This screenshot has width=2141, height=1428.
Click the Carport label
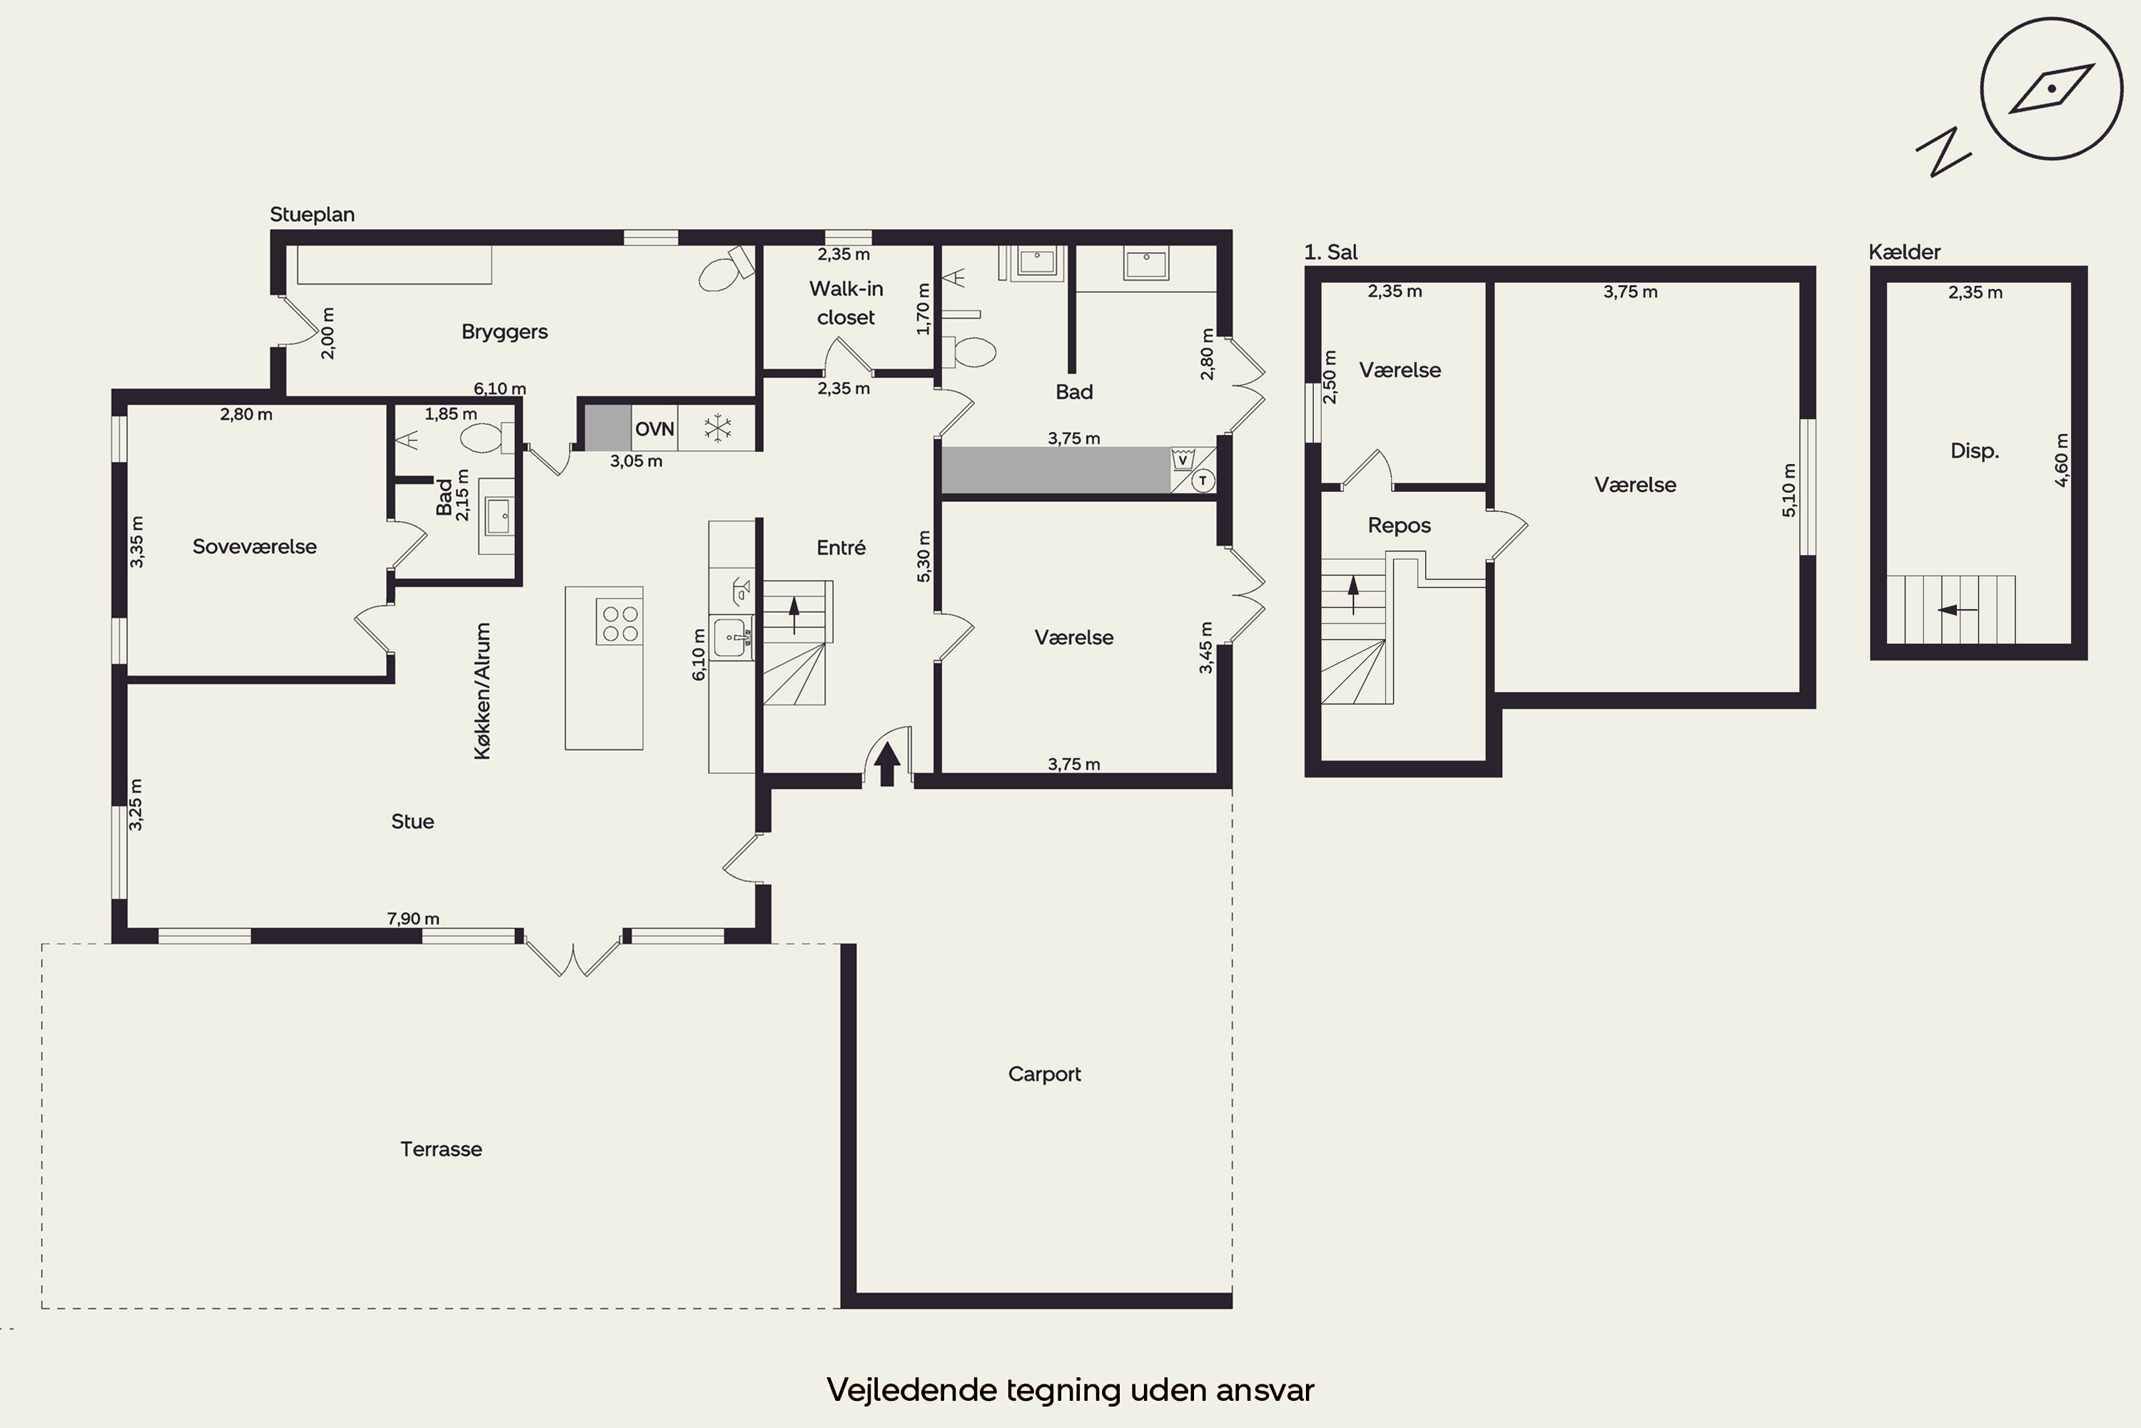click(1044, 1074)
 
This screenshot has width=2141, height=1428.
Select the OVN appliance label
click(654, 429)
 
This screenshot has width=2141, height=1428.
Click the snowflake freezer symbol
click(718, 429)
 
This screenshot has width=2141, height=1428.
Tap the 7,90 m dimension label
click(413, 918)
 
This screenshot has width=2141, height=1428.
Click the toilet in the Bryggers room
click(727, 268)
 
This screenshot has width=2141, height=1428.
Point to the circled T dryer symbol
click(1203, 480)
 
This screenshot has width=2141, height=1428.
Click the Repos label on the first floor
click(1399, 526)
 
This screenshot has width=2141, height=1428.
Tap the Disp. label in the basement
click(1975, 451)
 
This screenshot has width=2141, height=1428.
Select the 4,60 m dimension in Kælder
click(2062, 460)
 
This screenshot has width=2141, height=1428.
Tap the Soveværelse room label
click(255, 546)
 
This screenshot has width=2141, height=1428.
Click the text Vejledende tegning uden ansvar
click(1070, 1389)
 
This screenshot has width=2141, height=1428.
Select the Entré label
click(841, 548)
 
